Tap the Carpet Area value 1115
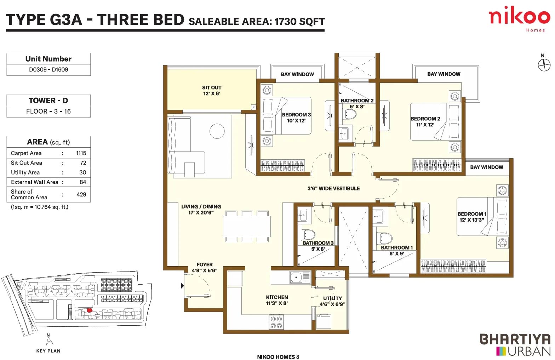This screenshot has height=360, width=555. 81,153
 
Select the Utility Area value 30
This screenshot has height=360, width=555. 83,172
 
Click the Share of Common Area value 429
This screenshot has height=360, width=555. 81,194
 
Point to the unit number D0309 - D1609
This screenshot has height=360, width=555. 48,70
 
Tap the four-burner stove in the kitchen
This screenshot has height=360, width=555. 276,322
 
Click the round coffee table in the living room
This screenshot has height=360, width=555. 217,131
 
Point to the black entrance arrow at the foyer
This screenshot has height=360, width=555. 183,286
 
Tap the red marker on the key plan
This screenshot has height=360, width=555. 90,310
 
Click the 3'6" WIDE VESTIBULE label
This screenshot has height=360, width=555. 333,189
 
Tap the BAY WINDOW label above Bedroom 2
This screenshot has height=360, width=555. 444,74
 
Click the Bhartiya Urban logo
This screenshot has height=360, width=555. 515,345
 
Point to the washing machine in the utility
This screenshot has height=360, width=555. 324,321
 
